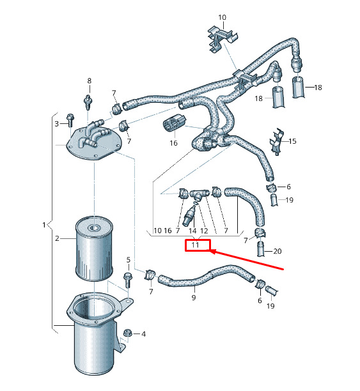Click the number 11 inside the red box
195,245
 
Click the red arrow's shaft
248,260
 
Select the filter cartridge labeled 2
94,249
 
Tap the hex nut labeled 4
127,333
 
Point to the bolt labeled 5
128,280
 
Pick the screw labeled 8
88,102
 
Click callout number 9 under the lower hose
194,297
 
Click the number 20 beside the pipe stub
278,251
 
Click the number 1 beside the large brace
44,225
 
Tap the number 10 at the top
222,17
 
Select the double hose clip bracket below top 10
222,39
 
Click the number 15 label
292,141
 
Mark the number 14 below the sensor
192,231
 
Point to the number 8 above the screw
90,80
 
